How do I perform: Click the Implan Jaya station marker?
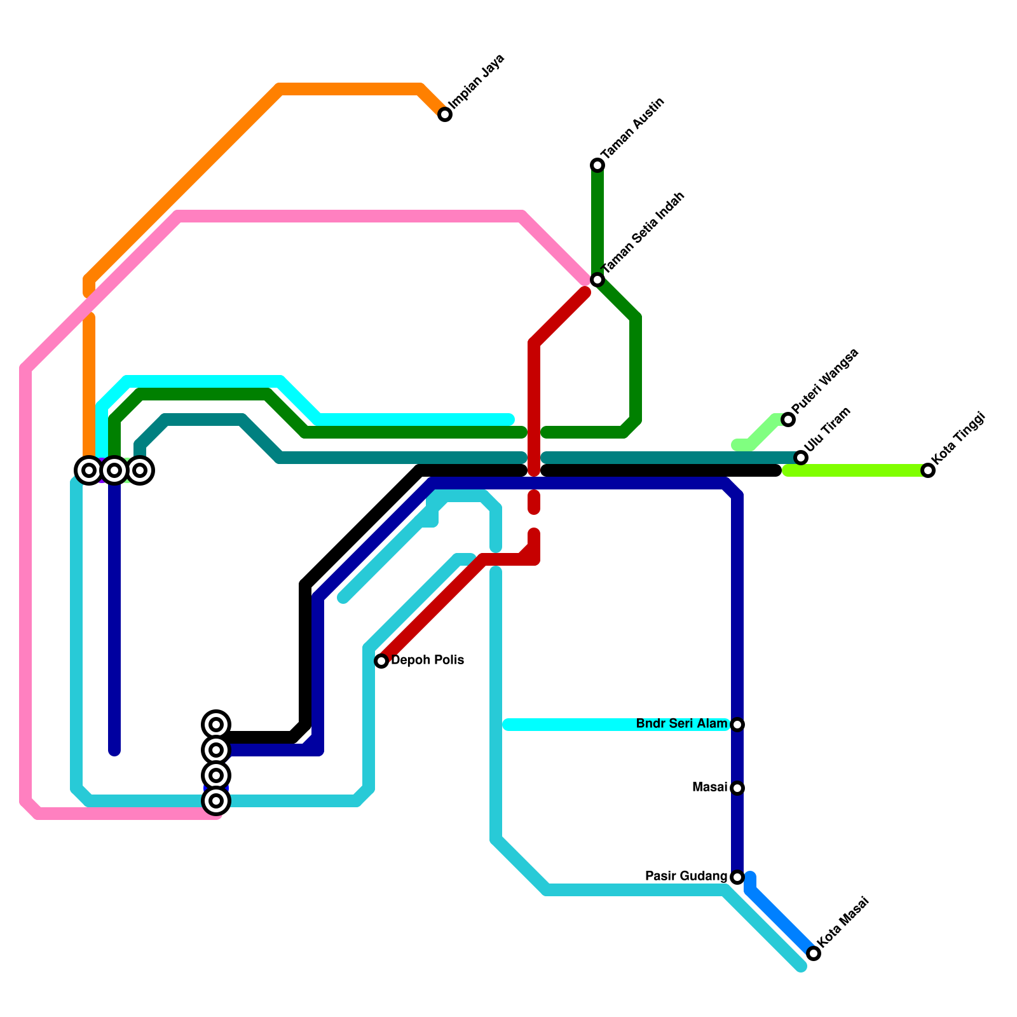445,114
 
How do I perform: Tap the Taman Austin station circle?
597,165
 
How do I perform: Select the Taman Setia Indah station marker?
597,280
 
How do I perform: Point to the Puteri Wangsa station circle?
788,420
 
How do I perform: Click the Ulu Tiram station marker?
801,458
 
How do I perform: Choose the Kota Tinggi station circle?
928,470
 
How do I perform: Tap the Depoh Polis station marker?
381,661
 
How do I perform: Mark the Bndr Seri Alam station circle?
737,725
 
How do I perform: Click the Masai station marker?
737,788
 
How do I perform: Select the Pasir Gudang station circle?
737,877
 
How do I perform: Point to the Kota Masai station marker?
814,953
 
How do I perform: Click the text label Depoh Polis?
427,660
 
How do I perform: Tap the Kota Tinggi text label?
958,438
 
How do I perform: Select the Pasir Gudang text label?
686,877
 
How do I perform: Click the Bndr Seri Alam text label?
681,724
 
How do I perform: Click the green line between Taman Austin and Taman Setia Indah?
597,222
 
